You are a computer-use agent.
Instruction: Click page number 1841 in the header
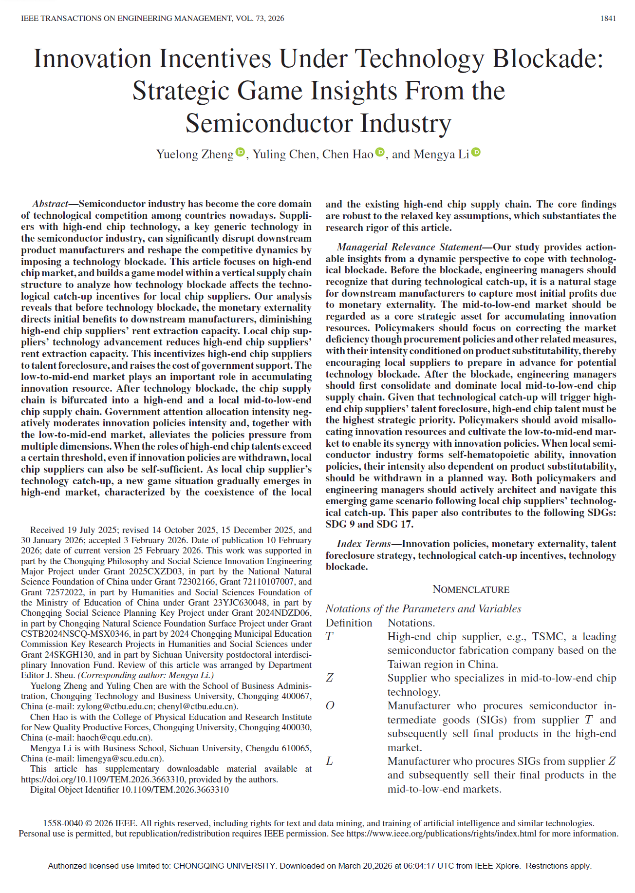[x=608, y=19]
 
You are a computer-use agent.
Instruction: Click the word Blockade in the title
[x=548, y=59]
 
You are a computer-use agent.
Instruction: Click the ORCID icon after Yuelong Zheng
[x=241, y=152]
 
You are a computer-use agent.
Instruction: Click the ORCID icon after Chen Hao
[x=380, y=152]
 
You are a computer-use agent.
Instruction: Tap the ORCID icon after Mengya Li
[x=476, y=152]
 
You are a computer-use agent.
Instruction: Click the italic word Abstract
[x=50, y=204]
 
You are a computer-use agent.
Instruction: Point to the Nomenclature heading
[x=471, y=589]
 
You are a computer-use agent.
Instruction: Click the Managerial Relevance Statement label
[x=410, y=247]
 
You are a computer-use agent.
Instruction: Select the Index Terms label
[x=364, y=544]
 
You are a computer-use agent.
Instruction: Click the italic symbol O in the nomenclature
[x=330, y=706]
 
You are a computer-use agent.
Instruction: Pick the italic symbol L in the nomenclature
[x=330, y=761]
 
